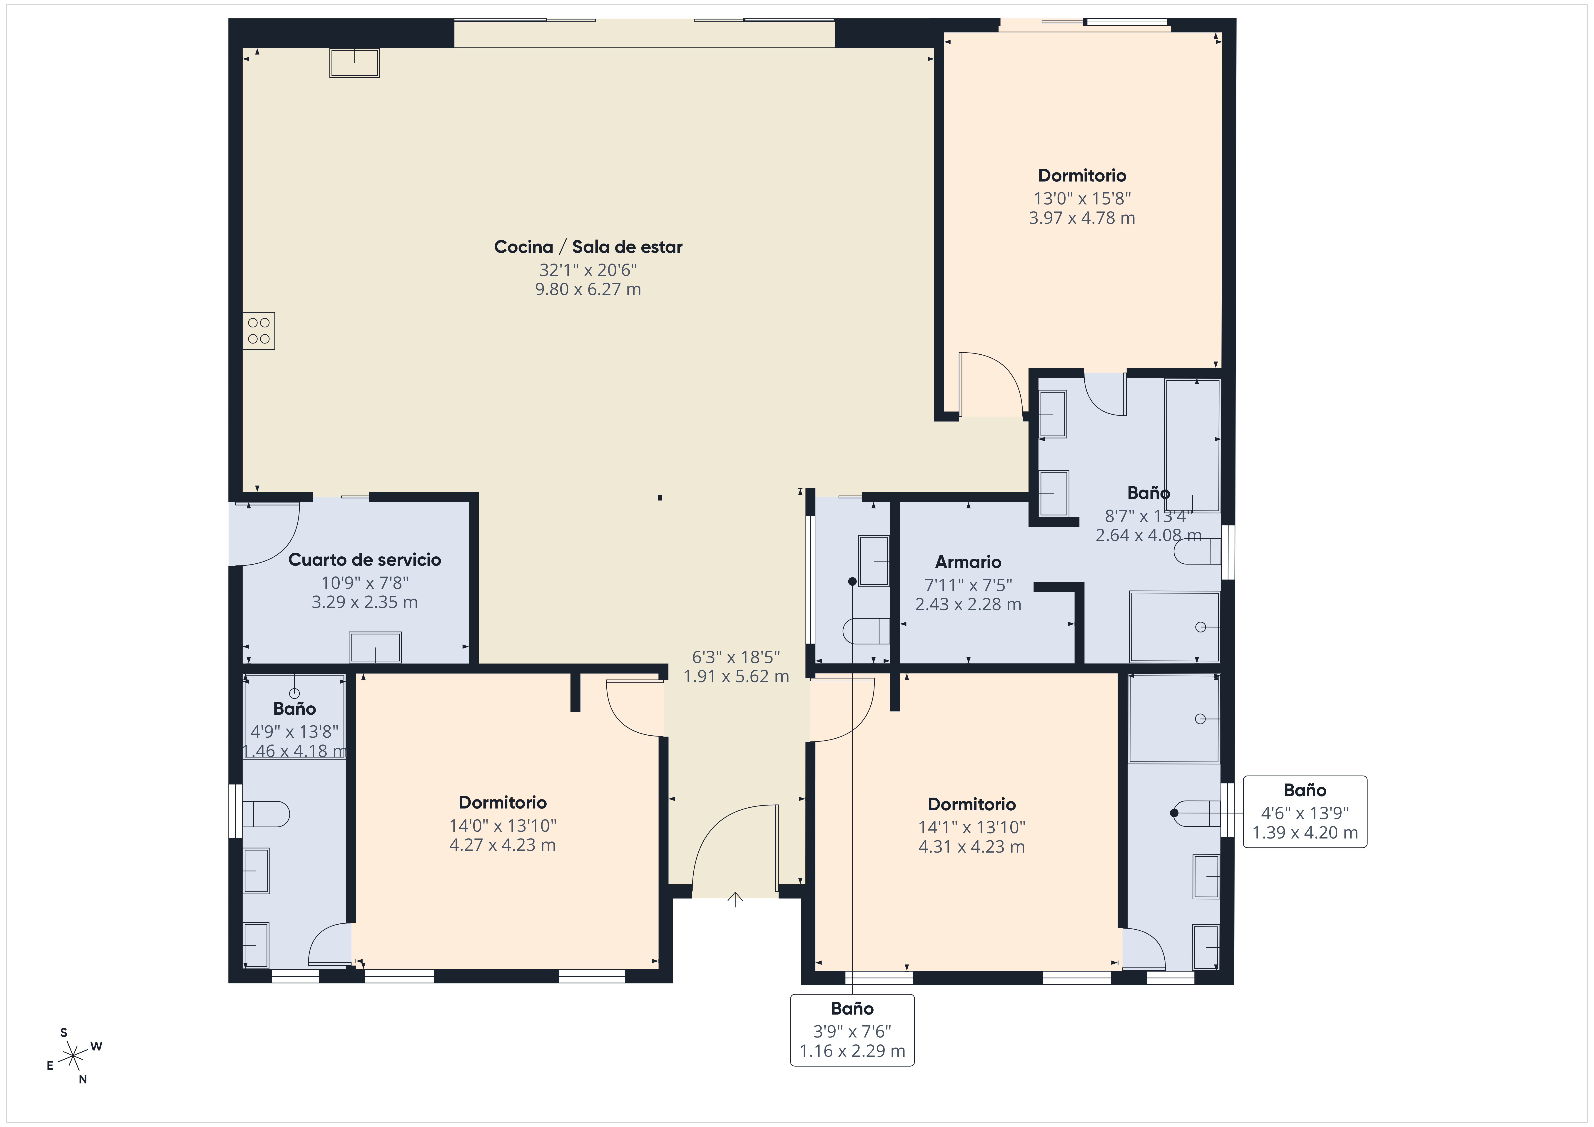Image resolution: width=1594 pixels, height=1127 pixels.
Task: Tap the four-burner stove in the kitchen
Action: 259,331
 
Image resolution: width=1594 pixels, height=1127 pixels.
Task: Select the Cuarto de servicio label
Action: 364,560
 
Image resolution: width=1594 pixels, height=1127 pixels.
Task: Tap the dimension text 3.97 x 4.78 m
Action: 1082,218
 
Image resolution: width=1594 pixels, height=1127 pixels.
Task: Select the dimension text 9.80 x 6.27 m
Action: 588,290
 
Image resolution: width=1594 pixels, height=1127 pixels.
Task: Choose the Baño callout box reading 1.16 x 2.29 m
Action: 852,1030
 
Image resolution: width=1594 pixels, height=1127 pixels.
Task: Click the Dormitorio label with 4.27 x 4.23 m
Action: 503,803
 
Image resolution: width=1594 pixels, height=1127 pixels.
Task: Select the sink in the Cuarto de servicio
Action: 375,647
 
